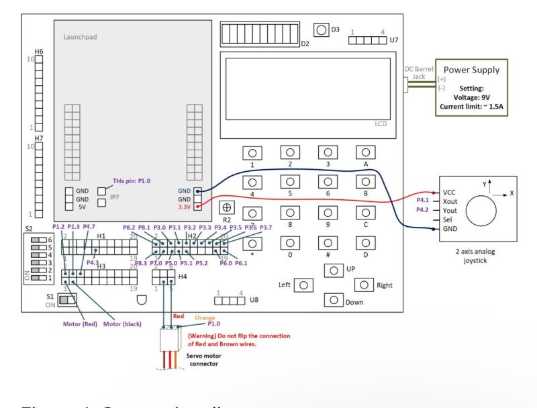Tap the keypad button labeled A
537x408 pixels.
click(x=365, y=152)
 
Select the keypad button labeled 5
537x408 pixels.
click(x=290, y=183)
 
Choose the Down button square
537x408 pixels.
click(x=334, y=300)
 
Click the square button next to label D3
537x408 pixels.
click(x=322, y=30)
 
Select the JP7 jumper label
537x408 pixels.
click(x=115, y=199)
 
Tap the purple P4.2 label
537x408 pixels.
click(x=423, y=209)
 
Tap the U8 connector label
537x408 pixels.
click(x=253, y=300)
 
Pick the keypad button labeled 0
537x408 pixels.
click(x=290, y=243)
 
